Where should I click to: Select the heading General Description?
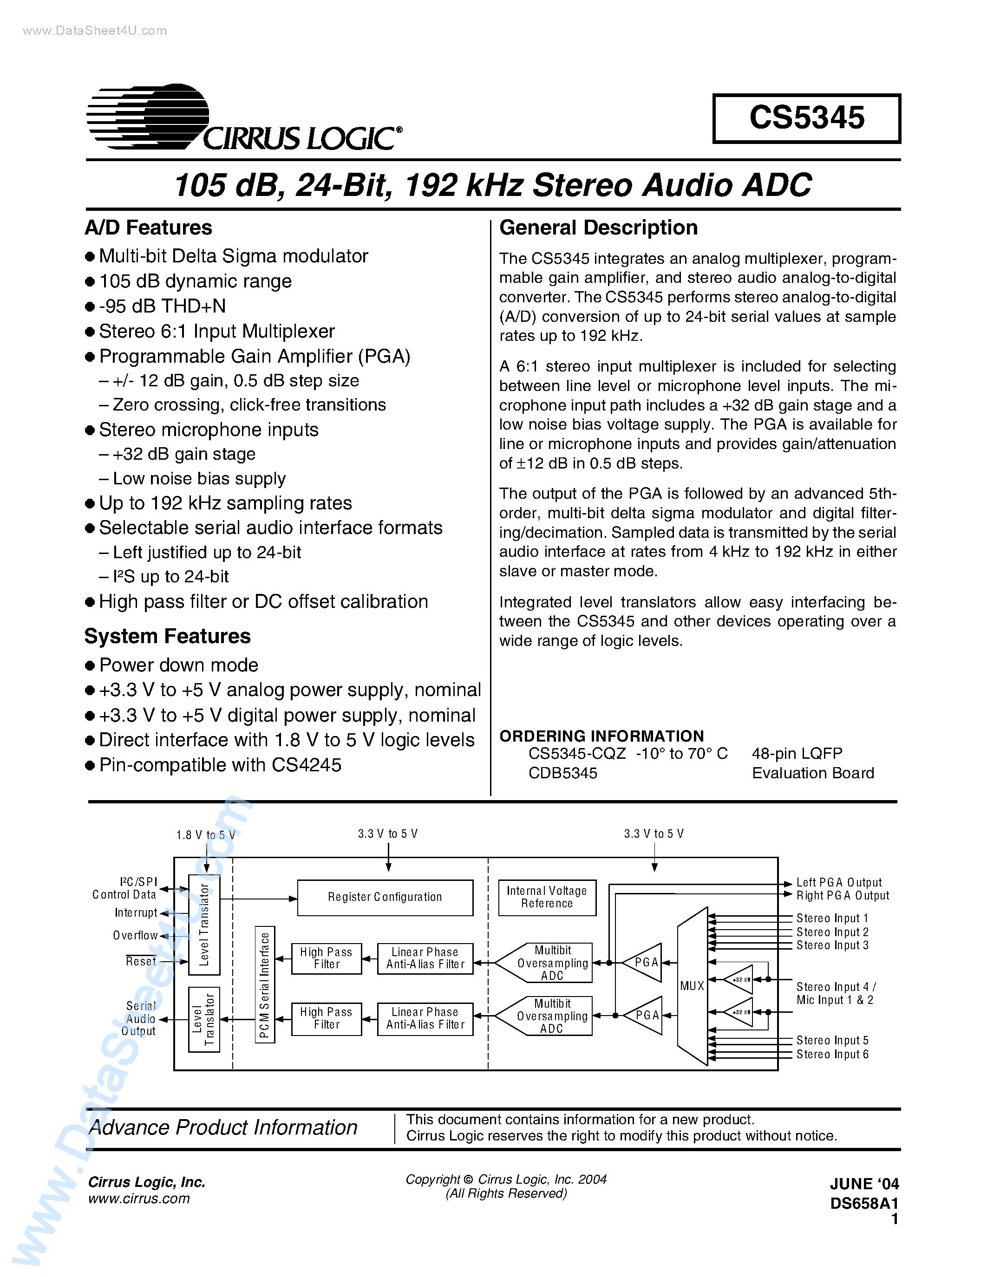point(598,228)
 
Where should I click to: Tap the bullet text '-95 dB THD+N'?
point(162,306)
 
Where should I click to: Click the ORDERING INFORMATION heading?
point(601,736)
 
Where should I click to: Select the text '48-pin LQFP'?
point(797,754)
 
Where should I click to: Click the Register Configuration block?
point(385,897)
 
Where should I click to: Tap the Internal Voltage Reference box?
point(547,897)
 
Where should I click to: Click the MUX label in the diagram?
point(692,986)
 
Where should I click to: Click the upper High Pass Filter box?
point(326,958)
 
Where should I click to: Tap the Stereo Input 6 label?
point(832,1054)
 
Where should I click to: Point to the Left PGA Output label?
point(838,882)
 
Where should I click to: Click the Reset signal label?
point(141,961)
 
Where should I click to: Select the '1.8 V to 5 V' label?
point(205,835)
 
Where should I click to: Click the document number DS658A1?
point(863,1203)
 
